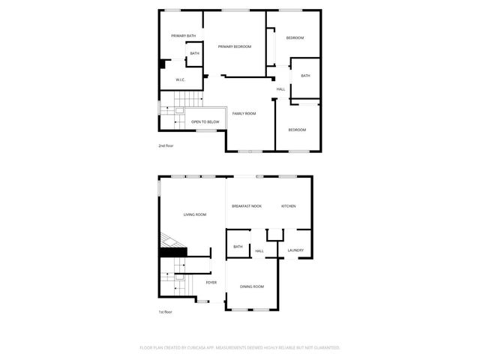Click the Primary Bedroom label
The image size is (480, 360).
(235, 47)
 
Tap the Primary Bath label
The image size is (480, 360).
(183, 36)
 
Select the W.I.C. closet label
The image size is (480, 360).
(181, 79)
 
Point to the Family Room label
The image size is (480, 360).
(244, 113)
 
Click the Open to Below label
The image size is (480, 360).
(205, 121)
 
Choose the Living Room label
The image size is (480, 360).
(195, 214)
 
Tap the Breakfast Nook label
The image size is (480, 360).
(247, 206)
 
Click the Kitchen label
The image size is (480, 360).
(289, 206)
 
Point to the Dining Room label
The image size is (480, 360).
(252, 286)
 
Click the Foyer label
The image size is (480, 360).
(211, 283)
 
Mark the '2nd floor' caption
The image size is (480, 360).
(165, 145)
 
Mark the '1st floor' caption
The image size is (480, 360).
(165, 311)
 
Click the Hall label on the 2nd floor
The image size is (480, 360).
(280, 89)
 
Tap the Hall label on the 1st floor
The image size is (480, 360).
(259, 251)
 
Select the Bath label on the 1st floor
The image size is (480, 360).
(238, 247)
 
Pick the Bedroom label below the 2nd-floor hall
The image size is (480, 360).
(297, 130)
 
